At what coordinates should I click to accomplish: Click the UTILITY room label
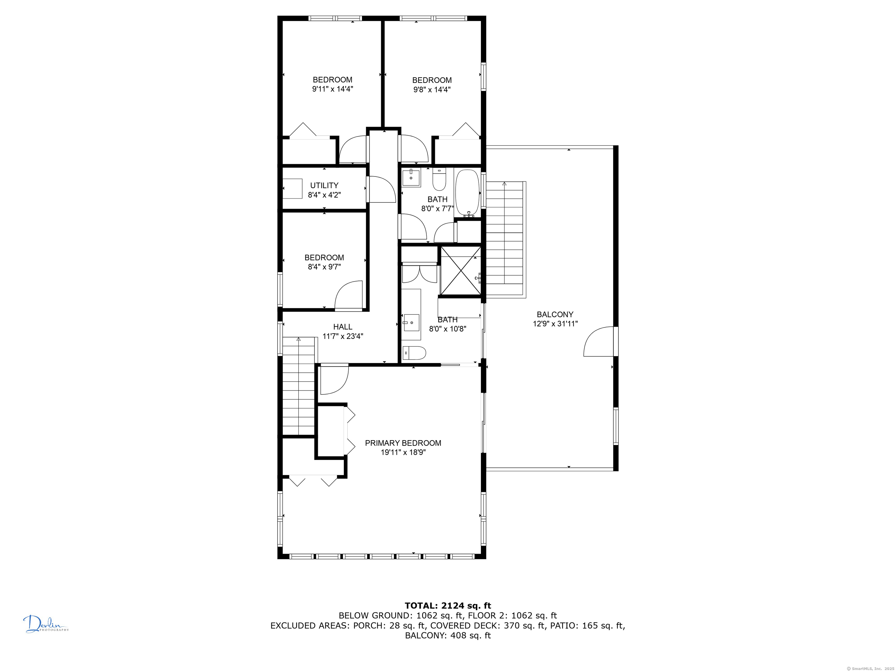coord(324,185)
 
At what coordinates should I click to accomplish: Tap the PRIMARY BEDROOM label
coord(403,443)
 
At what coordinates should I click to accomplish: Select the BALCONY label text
coord(555,314)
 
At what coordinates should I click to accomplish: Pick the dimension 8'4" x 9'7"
coord(324,267)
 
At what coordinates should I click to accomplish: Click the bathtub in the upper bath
coord(468,194)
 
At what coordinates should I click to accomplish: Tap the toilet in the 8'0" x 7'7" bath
coord(439,180)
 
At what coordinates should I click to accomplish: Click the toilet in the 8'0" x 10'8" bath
coord(414,353)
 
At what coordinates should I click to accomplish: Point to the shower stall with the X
coord(461,270)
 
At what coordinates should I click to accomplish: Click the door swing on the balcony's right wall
coord(599,342)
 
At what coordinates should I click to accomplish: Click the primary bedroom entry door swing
coord(334,379)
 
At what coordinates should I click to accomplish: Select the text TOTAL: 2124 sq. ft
coord(448,605)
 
